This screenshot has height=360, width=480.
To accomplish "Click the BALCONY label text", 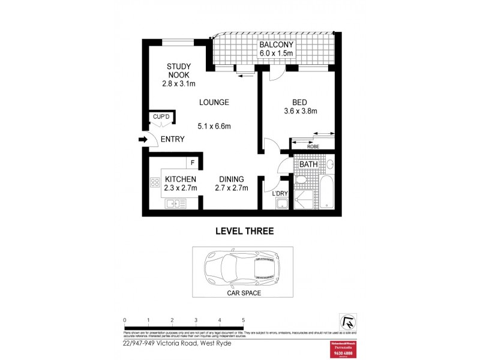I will tap(276, 45).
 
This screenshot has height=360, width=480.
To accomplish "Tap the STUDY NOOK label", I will tap(178, 71).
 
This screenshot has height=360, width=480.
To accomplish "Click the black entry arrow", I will tap(143, 140).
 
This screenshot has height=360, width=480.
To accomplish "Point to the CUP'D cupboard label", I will tap(161, 116).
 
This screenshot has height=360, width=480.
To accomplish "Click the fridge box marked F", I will tap(193, 163).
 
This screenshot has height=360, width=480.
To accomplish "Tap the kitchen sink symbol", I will tap(176, 204).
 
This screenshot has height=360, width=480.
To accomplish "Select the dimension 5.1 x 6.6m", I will tap(214, 126).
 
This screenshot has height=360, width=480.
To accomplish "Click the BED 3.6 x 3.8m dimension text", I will tap(300, 111).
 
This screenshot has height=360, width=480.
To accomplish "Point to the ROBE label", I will tap(312, 146).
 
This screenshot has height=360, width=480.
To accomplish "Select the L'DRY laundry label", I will tap(280, 193).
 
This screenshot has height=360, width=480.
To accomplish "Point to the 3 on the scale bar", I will tap(196, 320).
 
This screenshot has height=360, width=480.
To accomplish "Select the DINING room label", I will tap(230, 179).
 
